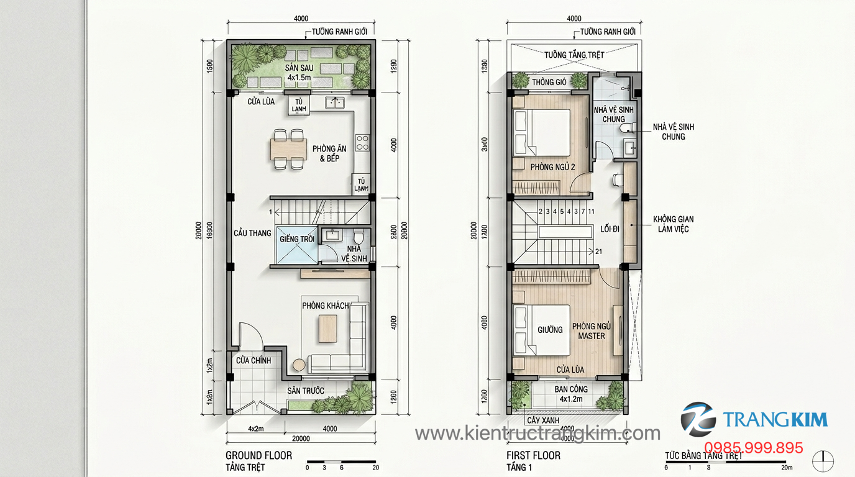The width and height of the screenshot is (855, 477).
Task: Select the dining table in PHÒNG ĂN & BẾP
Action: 288,149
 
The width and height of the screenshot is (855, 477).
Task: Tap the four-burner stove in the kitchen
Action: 362,143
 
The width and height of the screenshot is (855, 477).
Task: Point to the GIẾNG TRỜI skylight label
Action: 297,239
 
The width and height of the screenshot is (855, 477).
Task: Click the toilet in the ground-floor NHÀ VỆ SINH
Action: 357,238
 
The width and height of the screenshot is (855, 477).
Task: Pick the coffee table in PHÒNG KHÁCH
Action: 328,329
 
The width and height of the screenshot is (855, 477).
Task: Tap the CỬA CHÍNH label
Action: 253,360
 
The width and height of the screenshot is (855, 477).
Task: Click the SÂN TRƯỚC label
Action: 306,391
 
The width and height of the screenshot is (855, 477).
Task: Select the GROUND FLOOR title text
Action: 258,455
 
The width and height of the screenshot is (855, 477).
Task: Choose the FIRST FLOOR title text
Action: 533,455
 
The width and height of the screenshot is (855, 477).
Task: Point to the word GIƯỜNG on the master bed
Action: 550,330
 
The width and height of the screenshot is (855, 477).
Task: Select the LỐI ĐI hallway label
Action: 610,229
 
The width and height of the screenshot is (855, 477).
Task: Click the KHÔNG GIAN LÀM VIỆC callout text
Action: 673,224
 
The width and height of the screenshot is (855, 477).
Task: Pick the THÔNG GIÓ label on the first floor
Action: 549,82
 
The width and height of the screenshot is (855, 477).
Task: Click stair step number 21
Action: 599,252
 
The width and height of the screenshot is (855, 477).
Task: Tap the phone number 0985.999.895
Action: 753,448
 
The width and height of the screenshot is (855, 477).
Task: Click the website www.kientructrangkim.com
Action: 537,433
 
